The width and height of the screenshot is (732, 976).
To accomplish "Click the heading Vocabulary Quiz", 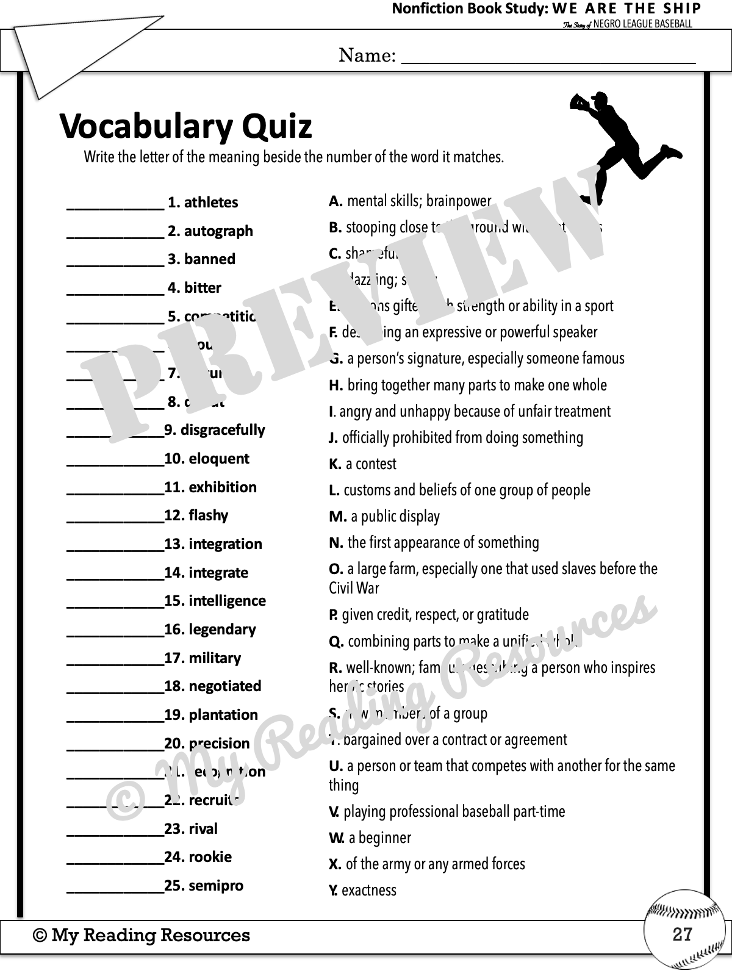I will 185,127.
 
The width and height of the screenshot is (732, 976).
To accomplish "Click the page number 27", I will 682,934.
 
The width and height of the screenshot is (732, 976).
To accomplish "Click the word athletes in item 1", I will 211,203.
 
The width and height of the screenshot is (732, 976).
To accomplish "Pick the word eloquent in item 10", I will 219,459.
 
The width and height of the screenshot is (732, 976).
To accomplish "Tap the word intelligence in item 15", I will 227,601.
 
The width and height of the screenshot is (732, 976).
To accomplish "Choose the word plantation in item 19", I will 223,715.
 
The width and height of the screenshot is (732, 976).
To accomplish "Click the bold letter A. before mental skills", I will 335,201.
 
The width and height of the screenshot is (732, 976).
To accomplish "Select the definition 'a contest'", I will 370,464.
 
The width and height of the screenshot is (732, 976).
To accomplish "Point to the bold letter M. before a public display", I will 337,517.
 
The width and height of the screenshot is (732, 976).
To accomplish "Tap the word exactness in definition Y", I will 368,891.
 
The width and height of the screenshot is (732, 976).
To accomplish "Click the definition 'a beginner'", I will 379,838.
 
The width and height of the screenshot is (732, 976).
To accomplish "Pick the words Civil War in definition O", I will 354,589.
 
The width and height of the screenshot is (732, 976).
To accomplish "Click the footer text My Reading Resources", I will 150,935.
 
